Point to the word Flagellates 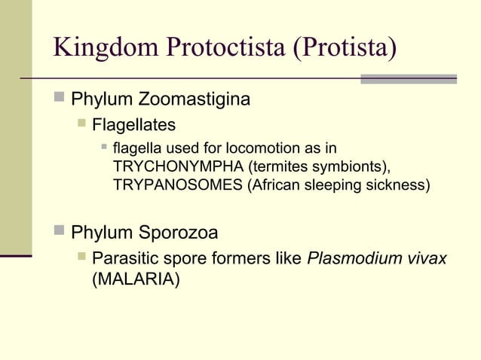click(133, 124)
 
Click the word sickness click(399, 185)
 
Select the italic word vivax click(426, 259)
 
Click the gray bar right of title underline click(408, 78)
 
